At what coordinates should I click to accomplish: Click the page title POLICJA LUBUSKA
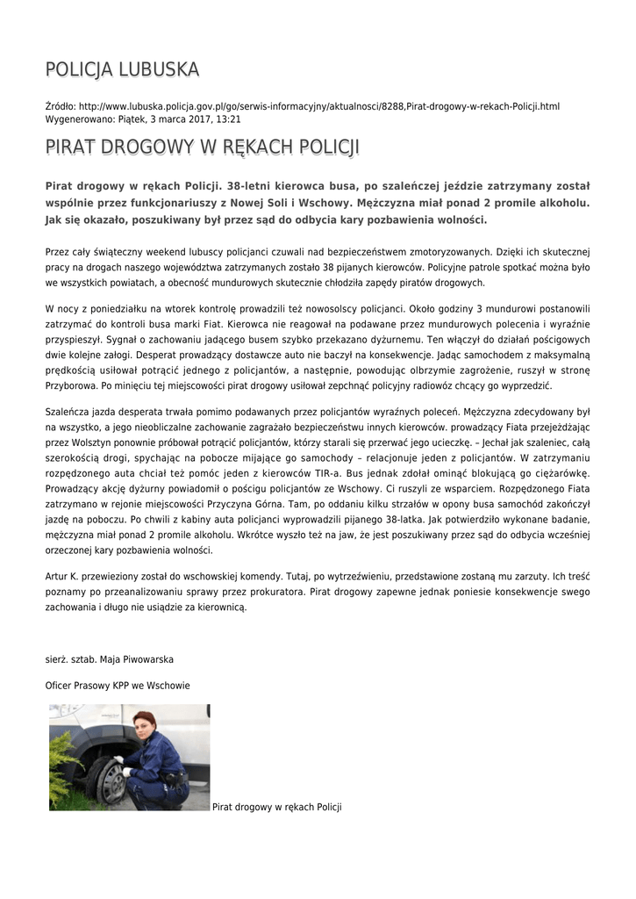point(122,68)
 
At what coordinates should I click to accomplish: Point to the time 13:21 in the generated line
point(228,119)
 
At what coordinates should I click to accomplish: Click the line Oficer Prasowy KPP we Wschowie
point(118,685)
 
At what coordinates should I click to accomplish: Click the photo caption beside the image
point(276,807)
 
